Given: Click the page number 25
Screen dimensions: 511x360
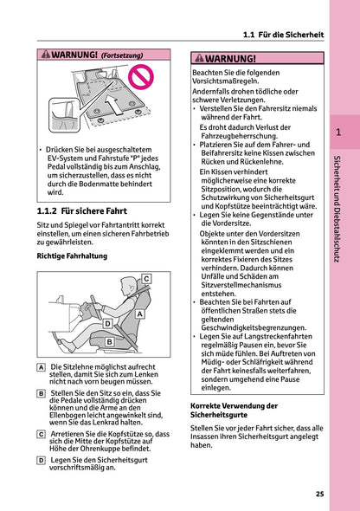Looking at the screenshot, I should pos(319,494).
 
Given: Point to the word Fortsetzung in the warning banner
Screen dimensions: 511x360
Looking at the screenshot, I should pos(122,55).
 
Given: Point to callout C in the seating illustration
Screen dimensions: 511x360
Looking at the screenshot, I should pos(146,278).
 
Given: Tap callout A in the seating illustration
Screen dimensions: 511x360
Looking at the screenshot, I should pos(139,316).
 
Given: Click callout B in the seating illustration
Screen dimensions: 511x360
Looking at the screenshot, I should pos(109,342).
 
